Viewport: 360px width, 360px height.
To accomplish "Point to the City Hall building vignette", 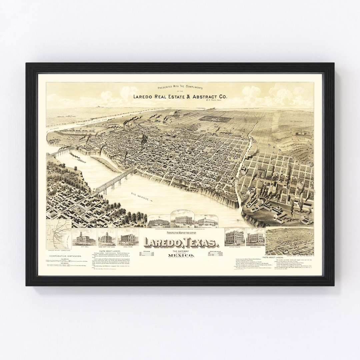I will pos(84,237).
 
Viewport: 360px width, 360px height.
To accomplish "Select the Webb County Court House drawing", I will pos(107,238).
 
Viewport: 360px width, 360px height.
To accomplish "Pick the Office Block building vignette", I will pos(235,237).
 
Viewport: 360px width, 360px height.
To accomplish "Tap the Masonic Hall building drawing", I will pos(255,237).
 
